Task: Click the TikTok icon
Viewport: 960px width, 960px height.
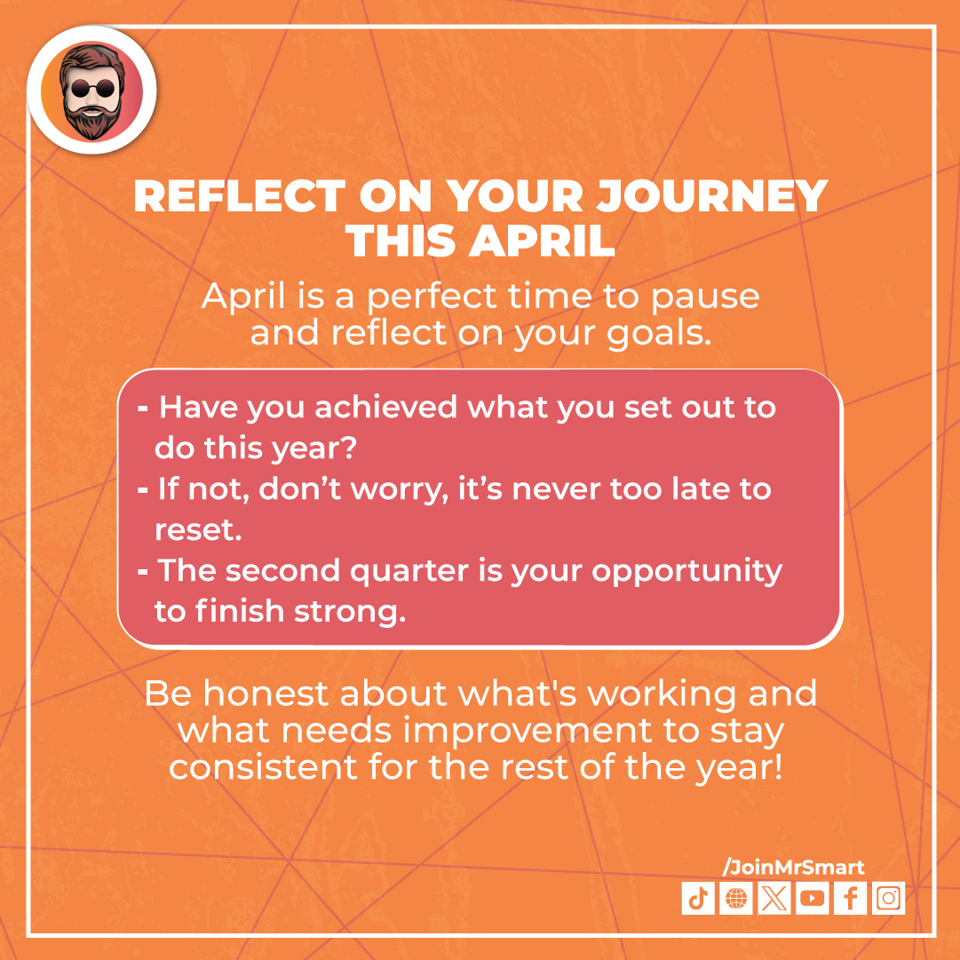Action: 697,899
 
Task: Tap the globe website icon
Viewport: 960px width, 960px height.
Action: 735,899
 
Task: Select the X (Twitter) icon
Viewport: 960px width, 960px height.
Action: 774,899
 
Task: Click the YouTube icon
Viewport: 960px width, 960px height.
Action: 812,899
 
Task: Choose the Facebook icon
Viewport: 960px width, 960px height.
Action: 850,899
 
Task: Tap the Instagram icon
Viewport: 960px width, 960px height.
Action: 888,899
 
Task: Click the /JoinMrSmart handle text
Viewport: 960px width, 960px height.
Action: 793,867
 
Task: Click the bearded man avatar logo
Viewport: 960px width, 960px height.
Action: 91,92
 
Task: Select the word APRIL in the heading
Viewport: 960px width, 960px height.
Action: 544,241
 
